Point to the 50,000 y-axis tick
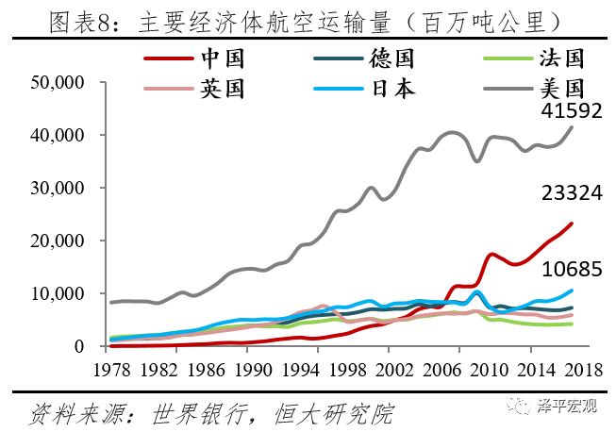58,84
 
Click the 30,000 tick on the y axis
58,189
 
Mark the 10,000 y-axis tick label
58,294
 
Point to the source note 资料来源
208,412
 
